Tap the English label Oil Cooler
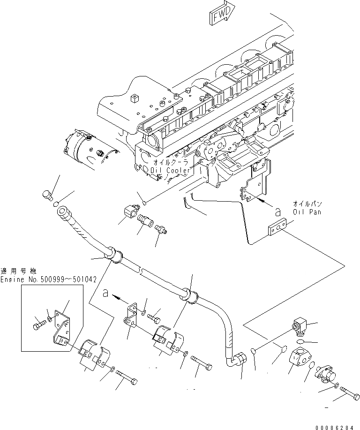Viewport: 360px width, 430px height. point(171,171)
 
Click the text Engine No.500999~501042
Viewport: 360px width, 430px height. point(48,279)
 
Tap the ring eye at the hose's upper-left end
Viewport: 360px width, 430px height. point(62,214)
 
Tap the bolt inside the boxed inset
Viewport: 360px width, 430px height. point(39,323)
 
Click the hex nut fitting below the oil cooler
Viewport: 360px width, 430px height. point(128,211)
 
